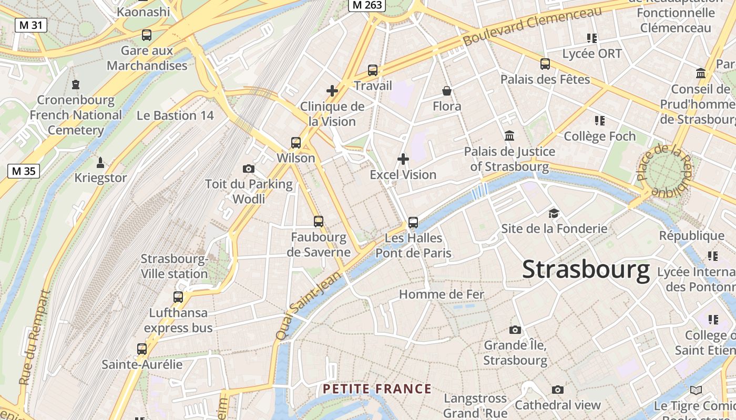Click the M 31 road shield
[x=31, y=25]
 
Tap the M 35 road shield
[x=24, y=171]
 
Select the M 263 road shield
[x=367, y=5]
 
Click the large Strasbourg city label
[x=586, y=270]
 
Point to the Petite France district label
[x=377, y=389]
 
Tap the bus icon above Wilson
[x=296, y=142]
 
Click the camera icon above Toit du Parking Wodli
[x=249, y=169]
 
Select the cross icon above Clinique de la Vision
[x=332, y=91]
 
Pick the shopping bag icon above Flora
[x=447, y=91]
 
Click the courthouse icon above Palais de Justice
[x=509, y=136]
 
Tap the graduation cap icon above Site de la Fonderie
[x=554, y=213]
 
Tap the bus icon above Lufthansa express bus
[x=178, y=297]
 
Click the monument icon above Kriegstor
[x=100, y=162]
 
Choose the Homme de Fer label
[x=442, y=295]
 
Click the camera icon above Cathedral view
[x=558, y=390]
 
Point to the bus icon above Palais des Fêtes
[x=545, y=64]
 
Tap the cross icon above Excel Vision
[x=403, y=159]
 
